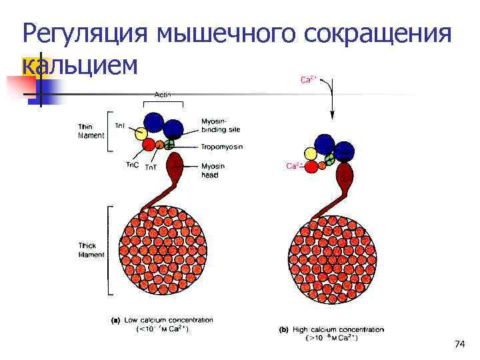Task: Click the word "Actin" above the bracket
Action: pyautogui.click(x=163, y=95)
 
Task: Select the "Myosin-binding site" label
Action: pyautogui.click(x=217, y=125)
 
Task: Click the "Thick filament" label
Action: pyautogui.click(x=91, y=250)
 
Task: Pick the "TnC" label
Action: pyautogui.click(x=132, y=165)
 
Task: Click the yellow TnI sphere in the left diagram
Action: pyautogui.click(x=141, y=133)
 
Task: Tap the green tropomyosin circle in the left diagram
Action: pyautogui.click(x=170, y=143)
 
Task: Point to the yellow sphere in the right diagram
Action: pyautogui.click(x=309, y=154)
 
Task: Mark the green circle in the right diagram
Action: pyautogui.click(x=329, y=159)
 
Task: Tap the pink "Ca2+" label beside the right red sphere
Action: pyautogui.click(x=293, y=166)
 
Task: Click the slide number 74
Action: pyautogui.click(x=459, y=344)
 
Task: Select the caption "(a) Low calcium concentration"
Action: pyautogui.click(x=162, y=320)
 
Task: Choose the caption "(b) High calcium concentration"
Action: pyautogui.click(x=331, y=329)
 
